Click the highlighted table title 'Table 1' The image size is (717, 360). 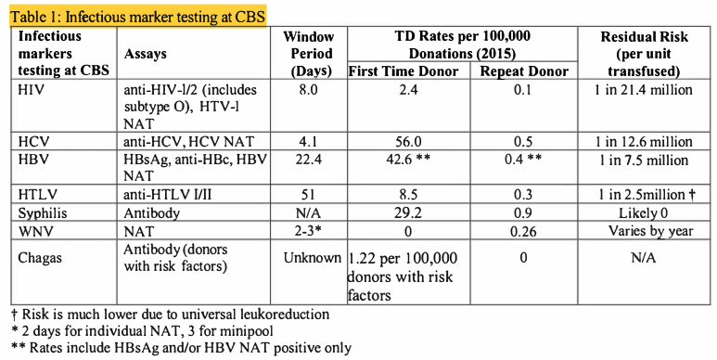pyautogui.click(x=134, y=17)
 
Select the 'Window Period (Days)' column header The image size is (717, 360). pyautogui.click(x=311, y=54)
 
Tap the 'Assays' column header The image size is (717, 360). pyautogui.click(x=146, y=55)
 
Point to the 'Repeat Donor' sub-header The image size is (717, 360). pyautogui.click(x=513, y=71)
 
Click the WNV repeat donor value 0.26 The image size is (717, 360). pyautogui.click(x=513, y=229)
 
